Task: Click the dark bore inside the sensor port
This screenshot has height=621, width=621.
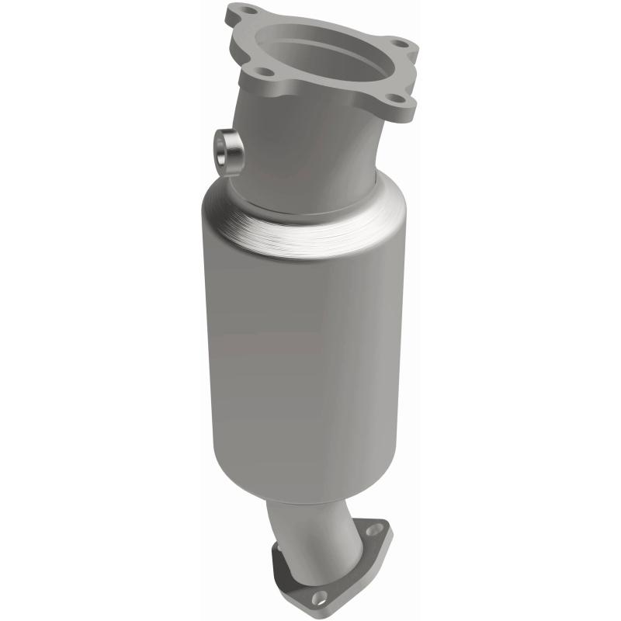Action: (227, 150)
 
